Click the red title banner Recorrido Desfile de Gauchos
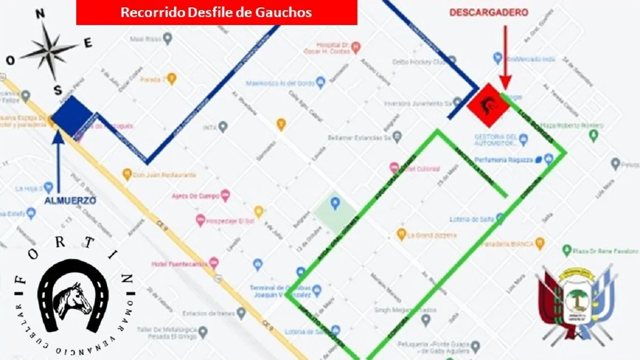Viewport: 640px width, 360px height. [217, 12]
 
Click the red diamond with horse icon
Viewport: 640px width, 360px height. [486, 105]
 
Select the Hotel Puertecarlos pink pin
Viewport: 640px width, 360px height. [214, 262]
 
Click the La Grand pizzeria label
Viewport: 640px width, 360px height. [432, 235]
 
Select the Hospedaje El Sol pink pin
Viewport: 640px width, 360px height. [201, 219]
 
